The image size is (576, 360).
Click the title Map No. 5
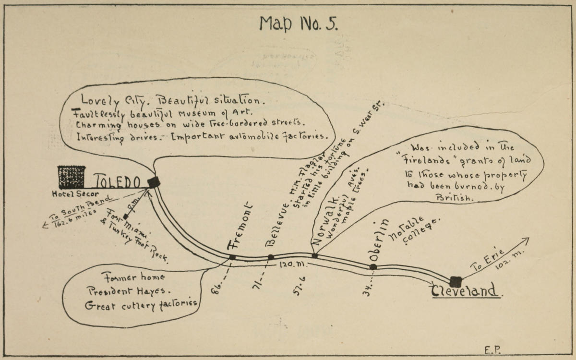tap(298, 23)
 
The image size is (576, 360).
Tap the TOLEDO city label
tap(117, 181)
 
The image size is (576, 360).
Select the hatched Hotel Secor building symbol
tap(72, 177)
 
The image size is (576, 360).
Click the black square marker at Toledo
tap(154, 182)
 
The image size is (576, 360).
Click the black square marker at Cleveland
tap(456, 282)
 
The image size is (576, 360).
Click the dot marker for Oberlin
tap(373, 267)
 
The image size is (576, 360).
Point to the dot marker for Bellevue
tap(271, 257)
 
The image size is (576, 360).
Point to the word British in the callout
tap(454, 197)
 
